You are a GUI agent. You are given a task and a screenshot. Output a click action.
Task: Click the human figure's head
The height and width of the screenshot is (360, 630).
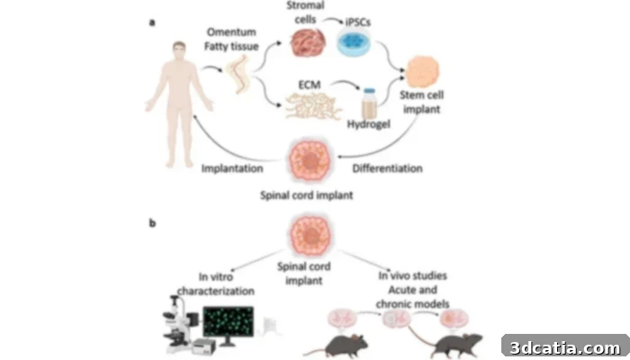click(179, 51)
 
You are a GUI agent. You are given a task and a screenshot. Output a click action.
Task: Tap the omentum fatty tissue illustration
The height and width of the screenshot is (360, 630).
click(238, 75)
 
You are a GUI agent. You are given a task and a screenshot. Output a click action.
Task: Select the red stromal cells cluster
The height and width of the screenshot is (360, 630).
click(308, 42)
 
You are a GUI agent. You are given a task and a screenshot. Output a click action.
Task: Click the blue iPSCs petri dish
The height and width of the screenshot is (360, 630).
click(354, 41)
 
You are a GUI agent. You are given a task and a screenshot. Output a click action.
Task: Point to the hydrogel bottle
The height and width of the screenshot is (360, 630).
click(369, 103)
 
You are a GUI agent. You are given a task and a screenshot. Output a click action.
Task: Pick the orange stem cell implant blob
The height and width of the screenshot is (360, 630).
click(422, 71)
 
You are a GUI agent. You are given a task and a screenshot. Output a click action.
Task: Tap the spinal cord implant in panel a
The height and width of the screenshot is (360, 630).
click(310, 161)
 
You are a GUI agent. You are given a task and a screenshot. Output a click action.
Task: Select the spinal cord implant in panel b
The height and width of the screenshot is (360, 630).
click(310, 236)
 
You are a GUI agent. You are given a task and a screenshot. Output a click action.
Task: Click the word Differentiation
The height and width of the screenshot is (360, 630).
click(387, 168)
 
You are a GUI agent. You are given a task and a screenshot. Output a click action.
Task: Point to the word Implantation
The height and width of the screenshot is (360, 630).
click(232, 168)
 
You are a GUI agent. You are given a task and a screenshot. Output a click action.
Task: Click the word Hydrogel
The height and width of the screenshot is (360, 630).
click(368, 124)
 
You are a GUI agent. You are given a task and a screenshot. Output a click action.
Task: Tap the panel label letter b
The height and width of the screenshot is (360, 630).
click(152, 223)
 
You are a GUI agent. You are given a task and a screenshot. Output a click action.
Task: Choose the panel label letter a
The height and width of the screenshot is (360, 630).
click(152, 22)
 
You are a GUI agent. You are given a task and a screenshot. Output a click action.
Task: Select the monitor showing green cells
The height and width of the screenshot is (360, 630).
click(229, 323)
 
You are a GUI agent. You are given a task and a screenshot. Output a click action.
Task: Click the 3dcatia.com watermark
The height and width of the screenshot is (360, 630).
click(565, 347)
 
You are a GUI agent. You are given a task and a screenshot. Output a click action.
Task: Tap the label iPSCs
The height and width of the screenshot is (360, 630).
click(358, 22)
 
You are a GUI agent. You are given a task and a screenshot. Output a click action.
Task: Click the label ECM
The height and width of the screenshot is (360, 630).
click(310, 85)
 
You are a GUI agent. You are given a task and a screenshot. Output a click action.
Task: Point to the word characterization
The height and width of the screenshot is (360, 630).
click(216, 291)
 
